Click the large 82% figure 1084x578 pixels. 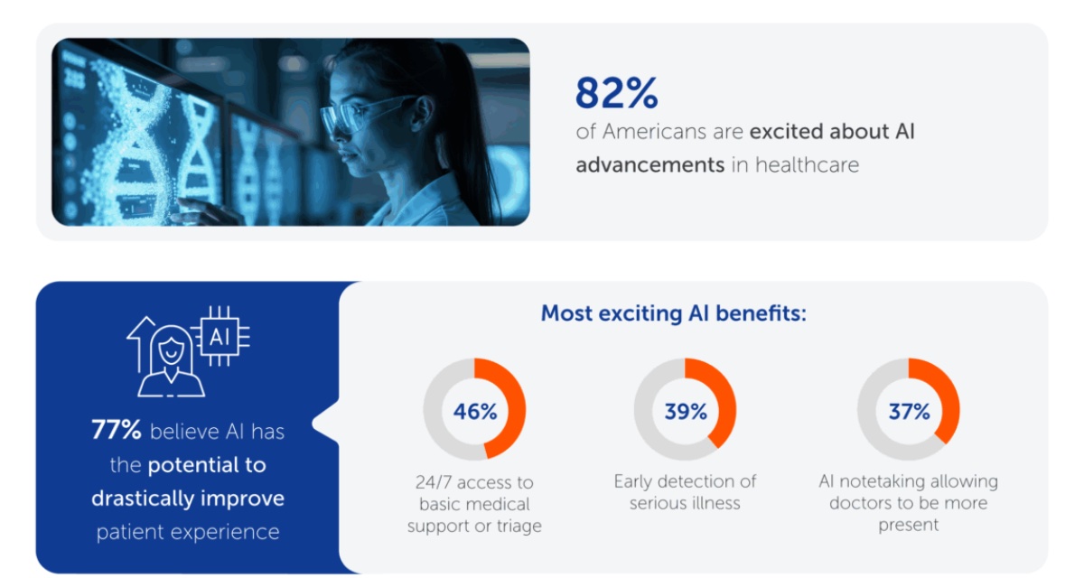pyautogui.click(x=616, y=92)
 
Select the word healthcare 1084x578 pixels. pyautogui.click(x=808, y=165)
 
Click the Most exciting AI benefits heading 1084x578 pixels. pyautogui.click(x=674, y=313)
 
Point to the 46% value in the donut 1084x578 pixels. pyautogui.click(x=475, y=412)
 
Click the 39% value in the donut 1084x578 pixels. pyautogui.click(x=686, y=412)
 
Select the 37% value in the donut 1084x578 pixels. pyautogui.click(x=909, y=412)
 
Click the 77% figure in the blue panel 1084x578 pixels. pyautogui.click(x=117, y=430)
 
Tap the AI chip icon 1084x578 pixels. pyautogui.click(x=220, y=336)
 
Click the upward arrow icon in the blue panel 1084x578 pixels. pyautogui.click(x=140, y=344)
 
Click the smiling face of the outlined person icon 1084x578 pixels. pyautogui.click(x=169, y=349)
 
